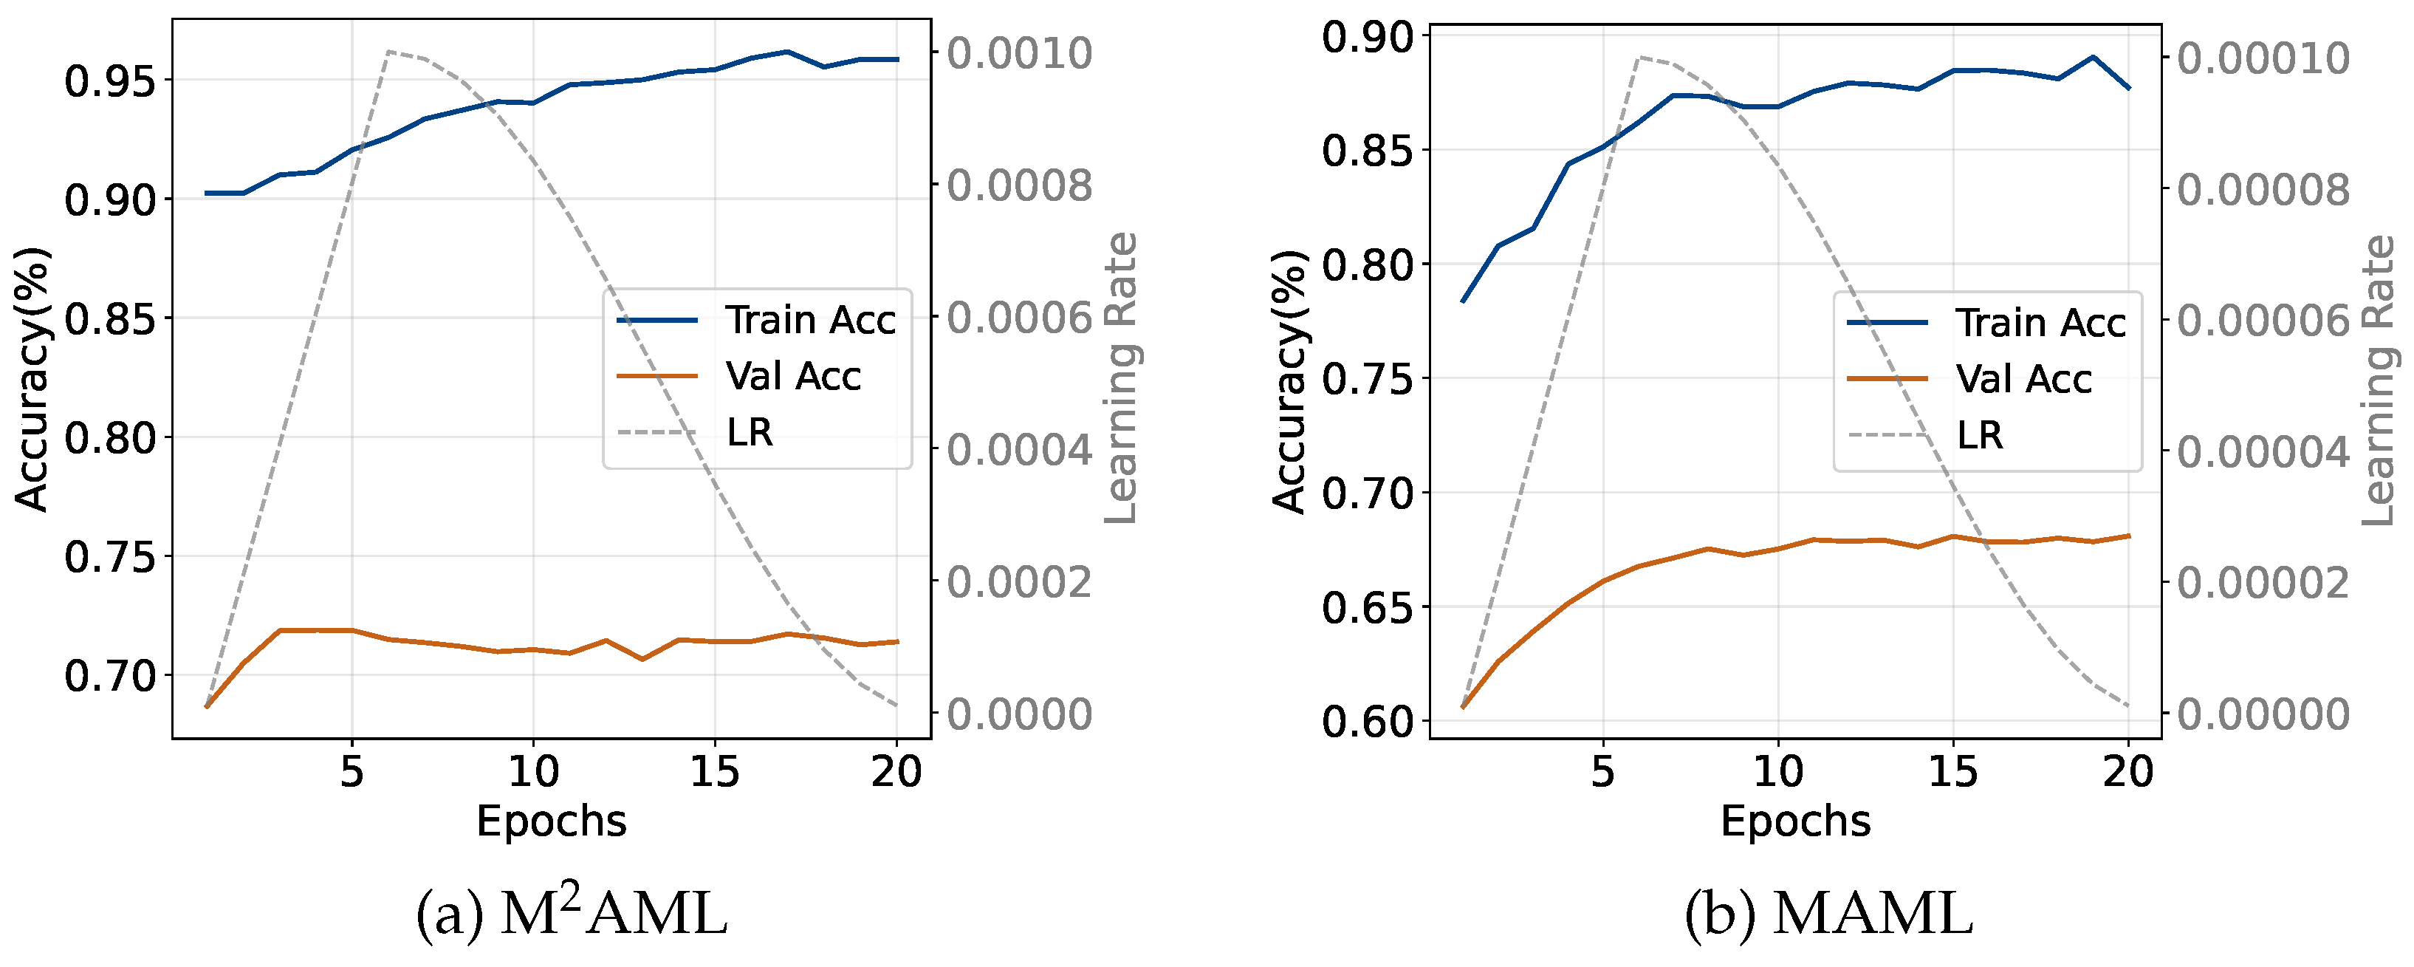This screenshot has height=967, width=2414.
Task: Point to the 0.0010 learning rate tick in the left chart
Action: click(1018, 53)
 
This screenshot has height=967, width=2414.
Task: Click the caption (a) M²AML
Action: click(571, 914)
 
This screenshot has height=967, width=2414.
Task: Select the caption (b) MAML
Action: click(1828, 914)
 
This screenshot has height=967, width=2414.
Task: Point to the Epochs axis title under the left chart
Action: click(551, 821)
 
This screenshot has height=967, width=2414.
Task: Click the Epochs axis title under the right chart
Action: click(1795, 821)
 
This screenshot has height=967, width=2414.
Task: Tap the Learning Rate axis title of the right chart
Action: click(2379, 380)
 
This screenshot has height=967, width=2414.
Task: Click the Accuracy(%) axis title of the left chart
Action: click(31, 380)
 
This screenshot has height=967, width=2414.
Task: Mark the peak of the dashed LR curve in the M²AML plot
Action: click(388, 52)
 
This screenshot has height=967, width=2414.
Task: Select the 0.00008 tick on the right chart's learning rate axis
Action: click(2263, 190)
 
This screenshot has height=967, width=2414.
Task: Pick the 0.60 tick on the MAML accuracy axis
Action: click(1365, 722)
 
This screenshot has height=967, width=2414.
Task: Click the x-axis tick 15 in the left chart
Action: click(715, 772)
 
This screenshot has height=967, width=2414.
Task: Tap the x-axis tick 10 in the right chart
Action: click(1777, 772)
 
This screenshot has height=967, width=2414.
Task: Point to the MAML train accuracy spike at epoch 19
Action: click(2093, 57)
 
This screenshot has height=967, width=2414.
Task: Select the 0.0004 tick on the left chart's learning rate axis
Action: click(1018, 451)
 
